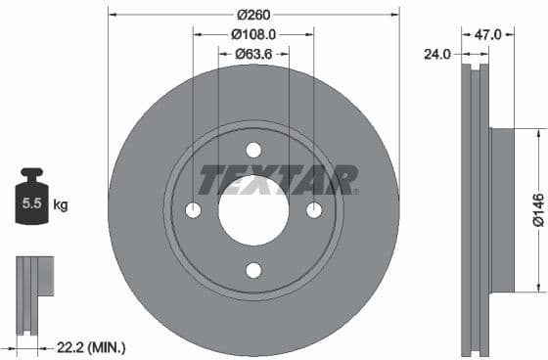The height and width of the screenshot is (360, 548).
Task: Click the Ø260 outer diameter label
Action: click(x=253, y=15)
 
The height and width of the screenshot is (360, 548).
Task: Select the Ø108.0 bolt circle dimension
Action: click(x=253, y=34)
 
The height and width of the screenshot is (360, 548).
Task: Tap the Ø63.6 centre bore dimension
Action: click(x=253, y=54)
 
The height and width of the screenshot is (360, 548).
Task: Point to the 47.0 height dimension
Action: click(x=487, y=34)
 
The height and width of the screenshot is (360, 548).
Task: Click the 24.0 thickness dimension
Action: click(x=437, y=54)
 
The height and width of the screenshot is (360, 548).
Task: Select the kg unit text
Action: click(x=61, y=205)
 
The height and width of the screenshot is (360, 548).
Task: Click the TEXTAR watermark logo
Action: click(x=279, y=180)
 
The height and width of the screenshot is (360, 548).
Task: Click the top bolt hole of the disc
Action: click(x=253, y=150)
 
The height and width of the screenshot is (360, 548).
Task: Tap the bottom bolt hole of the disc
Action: click(x=253, y=271)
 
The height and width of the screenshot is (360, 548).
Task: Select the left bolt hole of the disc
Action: click(x=193, y=210)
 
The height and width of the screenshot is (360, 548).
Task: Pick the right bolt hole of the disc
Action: click(x=314, y=210)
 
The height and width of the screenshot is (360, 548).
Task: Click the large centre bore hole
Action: click(x=253, y=210)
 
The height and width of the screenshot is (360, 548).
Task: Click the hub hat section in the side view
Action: click(x=499, y=209)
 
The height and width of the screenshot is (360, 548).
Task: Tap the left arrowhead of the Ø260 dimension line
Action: click(x=112, y=15)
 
